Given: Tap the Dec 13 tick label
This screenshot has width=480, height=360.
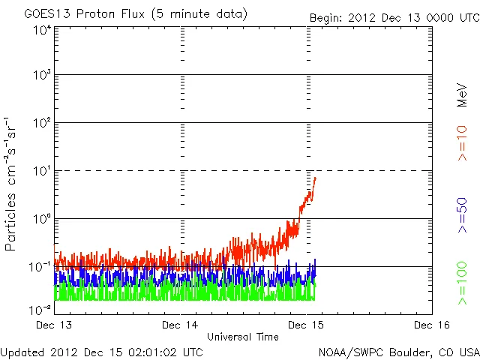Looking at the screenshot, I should [x=54, y=325].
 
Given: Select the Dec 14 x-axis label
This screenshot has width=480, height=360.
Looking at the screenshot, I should [x=180, y=325].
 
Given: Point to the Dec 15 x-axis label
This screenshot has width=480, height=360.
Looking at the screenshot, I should [x=307, y=325].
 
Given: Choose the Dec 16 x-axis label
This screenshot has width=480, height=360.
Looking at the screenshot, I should [x=432, y=325].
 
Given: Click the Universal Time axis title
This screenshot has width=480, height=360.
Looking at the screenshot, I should [x=243, y=337].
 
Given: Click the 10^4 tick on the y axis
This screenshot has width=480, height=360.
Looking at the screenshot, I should [x=42, y=30].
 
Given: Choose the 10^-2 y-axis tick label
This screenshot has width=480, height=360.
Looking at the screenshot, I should [x=40, y=310].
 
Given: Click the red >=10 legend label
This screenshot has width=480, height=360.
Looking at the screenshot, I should [x=462, y=142].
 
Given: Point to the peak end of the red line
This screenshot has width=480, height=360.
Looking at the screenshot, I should [x=316, y=178].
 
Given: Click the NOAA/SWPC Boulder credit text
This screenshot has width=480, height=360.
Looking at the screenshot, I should [x=398, y=352].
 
